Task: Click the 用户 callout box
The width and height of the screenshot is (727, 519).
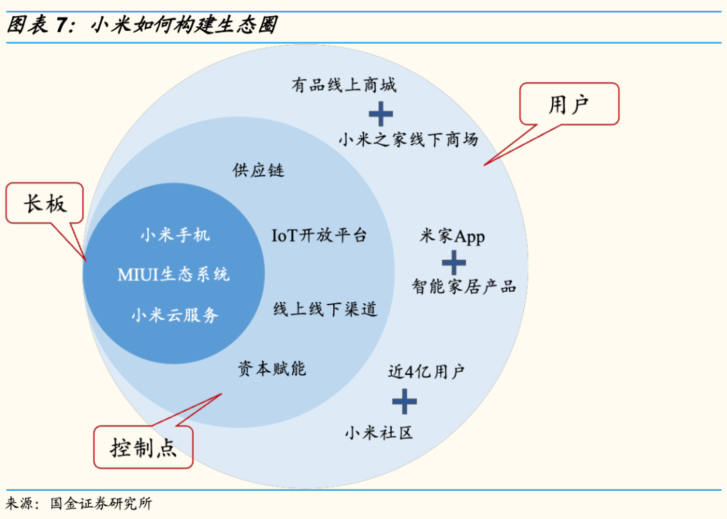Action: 569,104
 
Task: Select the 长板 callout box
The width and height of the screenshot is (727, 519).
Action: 45,203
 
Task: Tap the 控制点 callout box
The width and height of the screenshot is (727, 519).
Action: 143,447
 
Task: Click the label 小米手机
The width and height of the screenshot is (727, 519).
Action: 175,235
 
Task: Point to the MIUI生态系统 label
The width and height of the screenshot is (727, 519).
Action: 174,274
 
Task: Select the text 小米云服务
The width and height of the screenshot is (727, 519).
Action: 175,315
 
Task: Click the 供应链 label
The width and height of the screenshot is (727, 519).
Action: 258,170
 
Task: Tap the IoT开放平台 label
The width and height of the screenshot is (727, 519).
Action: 319,235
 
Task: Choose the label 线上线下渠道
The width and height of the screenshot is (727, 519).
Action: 325,309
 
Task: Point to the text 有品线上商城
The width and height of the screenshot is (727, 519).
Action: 344,85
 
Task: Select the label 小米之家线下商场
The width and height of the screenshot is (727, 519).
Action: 409,139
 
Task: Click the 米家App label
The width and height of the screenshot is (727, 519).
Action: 452,237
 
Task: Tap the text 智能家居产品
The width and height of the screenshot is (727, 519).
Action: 464,286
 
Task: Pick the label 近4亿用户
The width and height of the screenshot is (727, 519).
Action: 426,371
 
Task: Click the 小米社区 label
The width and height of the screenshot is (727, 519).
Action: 379,432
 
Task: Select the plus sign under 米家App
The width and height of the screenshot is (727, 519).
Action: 454,262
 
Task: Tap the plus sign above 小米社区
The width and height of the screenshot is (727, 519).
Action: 405,401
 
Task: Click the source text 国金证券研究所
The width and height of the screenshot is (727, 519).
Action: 101,504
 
